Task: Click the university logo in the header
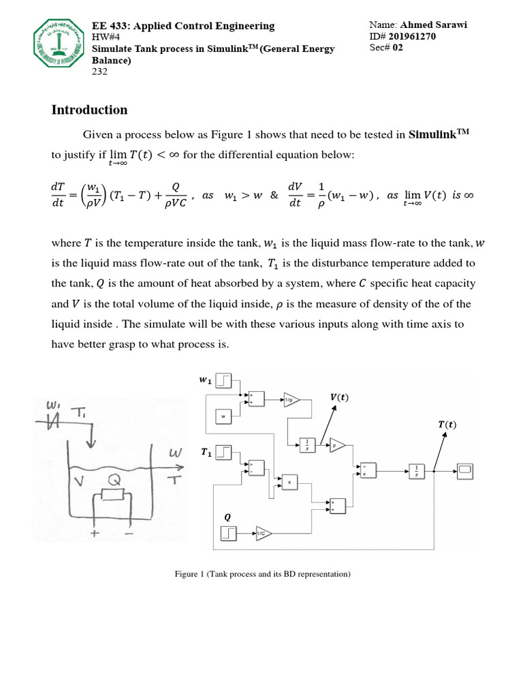61,47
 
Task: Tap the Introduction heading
89,110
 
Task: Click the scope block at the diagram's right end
466,471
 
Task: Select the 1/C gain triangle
262,534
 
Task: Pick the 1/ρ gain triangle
291,401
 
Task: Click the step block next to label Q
228,534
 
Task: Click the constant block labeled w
223,415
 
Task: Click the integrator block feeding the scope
416,471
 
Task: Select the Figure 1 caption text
262,575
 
